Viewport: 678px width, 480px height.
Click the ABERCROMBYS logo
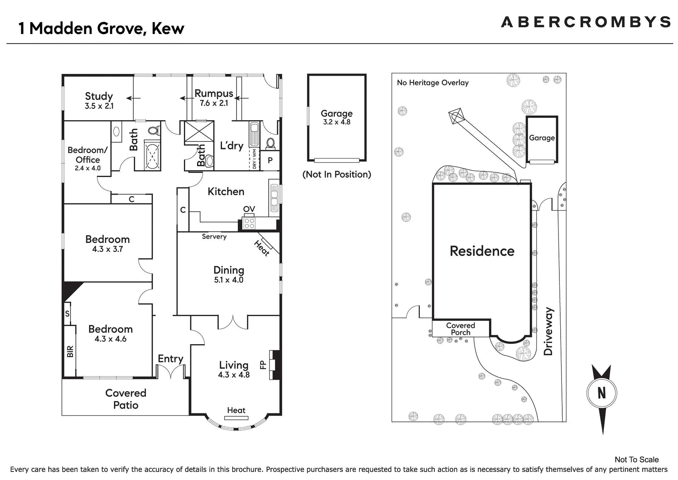click(x=586, y=22)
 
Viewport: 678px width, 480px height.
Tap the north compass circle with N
click(x=601, y=393)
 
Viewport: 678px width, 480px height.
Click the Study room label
click(x=99, y=96)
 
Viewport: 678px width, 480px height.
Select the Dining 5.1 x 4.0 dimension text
click(x=228, y=280)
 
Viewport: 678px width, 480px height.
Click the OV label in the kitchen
click(x=249, y=209)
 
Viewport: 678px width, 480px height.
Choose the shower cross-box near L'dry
click(x=199, y=131)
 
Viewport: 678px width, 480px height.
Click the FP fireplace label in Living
click(x=263, y=365)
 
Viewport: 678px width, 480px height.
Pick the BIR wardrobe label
click(x=70, y=351)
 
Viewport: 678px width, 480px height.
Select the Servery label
click(x=214, y=236)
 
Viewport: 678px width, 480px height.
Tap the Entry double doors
click(x=170, y=372)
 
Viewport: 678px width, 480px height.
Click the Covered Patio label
click(x=125, y=399)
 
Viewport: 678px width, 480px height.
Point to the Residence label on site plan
click(x=482, y=251)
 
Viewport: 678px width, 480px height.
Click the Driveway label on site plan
click(x=548, y=331)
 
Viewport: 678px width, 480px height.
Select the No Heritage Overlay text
click(x=433, y=82)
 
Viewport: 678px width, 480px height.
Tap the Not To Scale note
click(x=636, y=459)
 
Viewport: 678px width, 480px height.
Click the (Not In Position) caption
click(x=336, y=174)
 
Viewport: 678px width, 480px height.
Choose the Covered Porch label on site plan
click(x=460, y=328)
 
